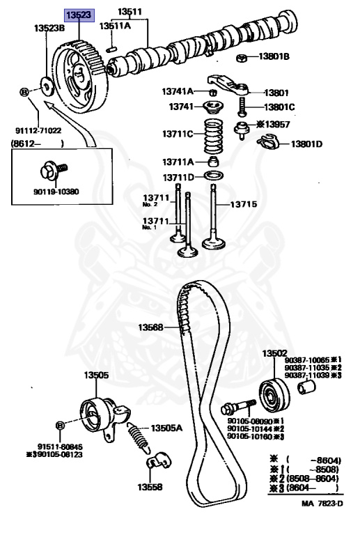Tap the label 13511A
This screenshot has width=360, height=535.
(114, 26)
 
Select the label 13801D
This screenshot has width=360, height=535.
(306, 144)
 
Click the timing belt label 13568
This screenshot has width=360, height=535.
(150, 327)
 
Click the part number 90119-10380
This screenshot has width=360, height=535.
(56, 190)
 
